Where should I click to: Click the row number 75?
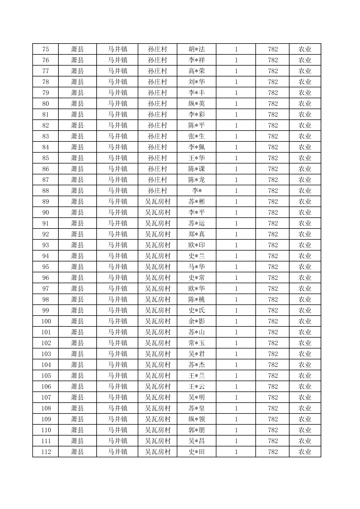46,49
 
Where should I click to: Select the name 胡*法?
197,49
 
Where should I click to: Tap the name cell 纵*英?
197,104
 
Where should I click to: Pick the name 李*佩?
197,147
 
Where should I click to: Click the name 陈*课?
197,169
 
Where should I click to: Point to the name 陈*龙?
197,180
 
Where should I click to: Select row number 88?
46,191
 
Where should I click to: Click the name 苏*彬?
197,202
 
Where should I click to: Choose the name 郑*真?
197,234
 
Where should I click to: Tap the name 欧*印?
197,245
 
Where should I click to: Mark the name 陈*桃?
197,300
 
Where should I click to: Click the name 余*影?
197,321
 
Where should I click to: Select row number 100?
46,321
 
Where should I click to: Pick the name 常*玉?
197,343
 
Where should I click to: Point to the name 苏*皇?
197,408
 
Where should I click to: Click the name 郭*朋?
197,430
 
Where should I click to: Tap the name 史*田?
197,452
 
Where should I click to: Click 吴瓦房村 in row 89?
158,202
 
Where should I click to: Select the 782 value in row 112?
273,452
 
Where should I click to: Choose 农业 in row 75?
305,49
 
